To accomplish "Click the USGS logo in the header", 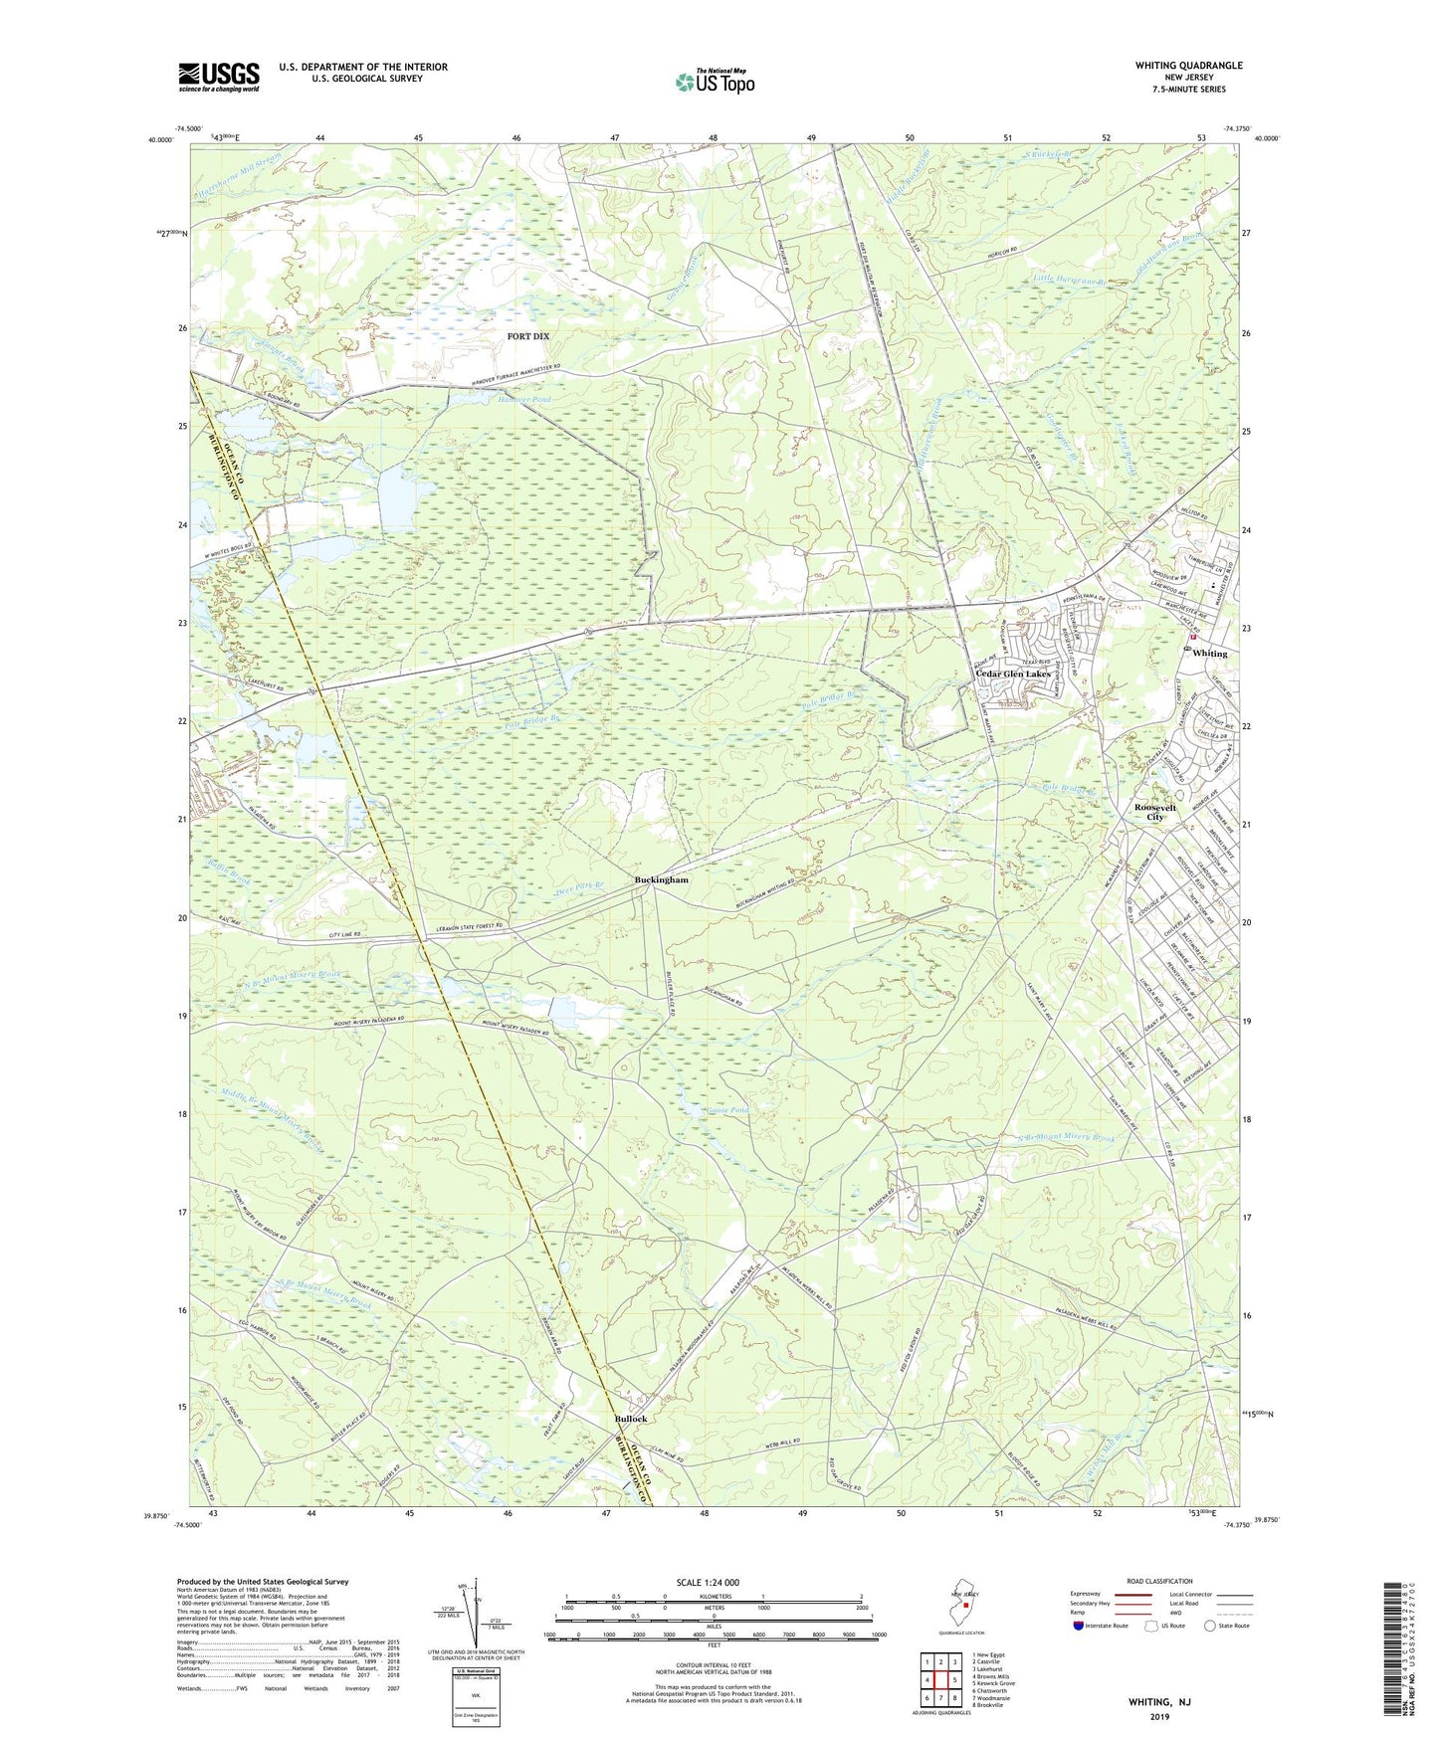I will [x=219, y=77].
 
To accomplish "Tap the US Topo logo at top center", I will [x=715, y=82].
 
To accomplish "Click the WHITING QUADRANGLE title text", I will [x=1188, y=66].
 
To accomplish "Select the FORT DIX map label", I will [x=527, y=336].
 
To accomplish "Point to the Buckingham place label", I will [x=661, y=880].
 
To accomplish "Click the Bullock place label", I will [x=630, y=1419].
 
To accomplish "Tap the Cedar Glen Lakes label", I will [x=1012, y=674].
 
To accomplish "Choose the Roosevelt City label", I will [x=1154, y=813].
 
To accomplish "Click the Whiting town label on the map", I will [x=1209, y=654].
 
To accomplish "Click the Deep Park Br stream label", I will [x=580, y=888].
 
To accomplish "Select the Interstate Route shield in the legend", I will [x=1080, y=1626].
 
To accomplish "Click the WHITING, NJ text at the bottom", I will [x=1158, y=1702].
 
